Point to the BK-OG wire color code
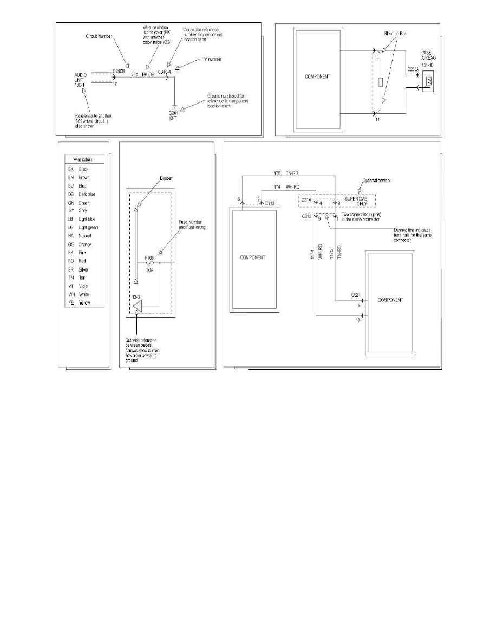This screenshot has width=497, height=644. point(148,75)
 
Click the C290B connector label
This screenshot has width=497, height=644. point(119,71)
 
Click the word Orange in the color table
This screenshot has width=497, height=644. point(86,244)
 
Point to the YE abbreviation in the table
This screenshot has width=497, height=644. point(70,302)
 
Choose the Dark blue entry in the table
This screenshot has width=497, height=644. point(88,194)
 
